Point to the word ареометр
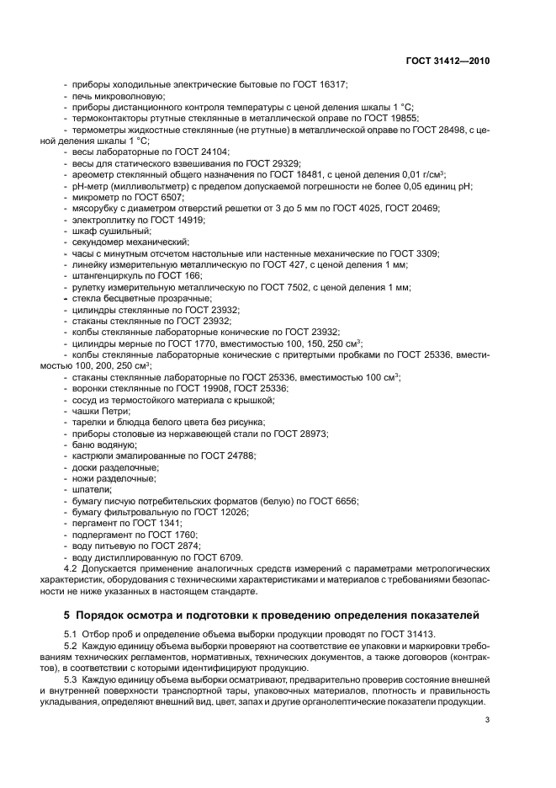coord(95,173)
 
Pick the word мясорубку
coord(99,206)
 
